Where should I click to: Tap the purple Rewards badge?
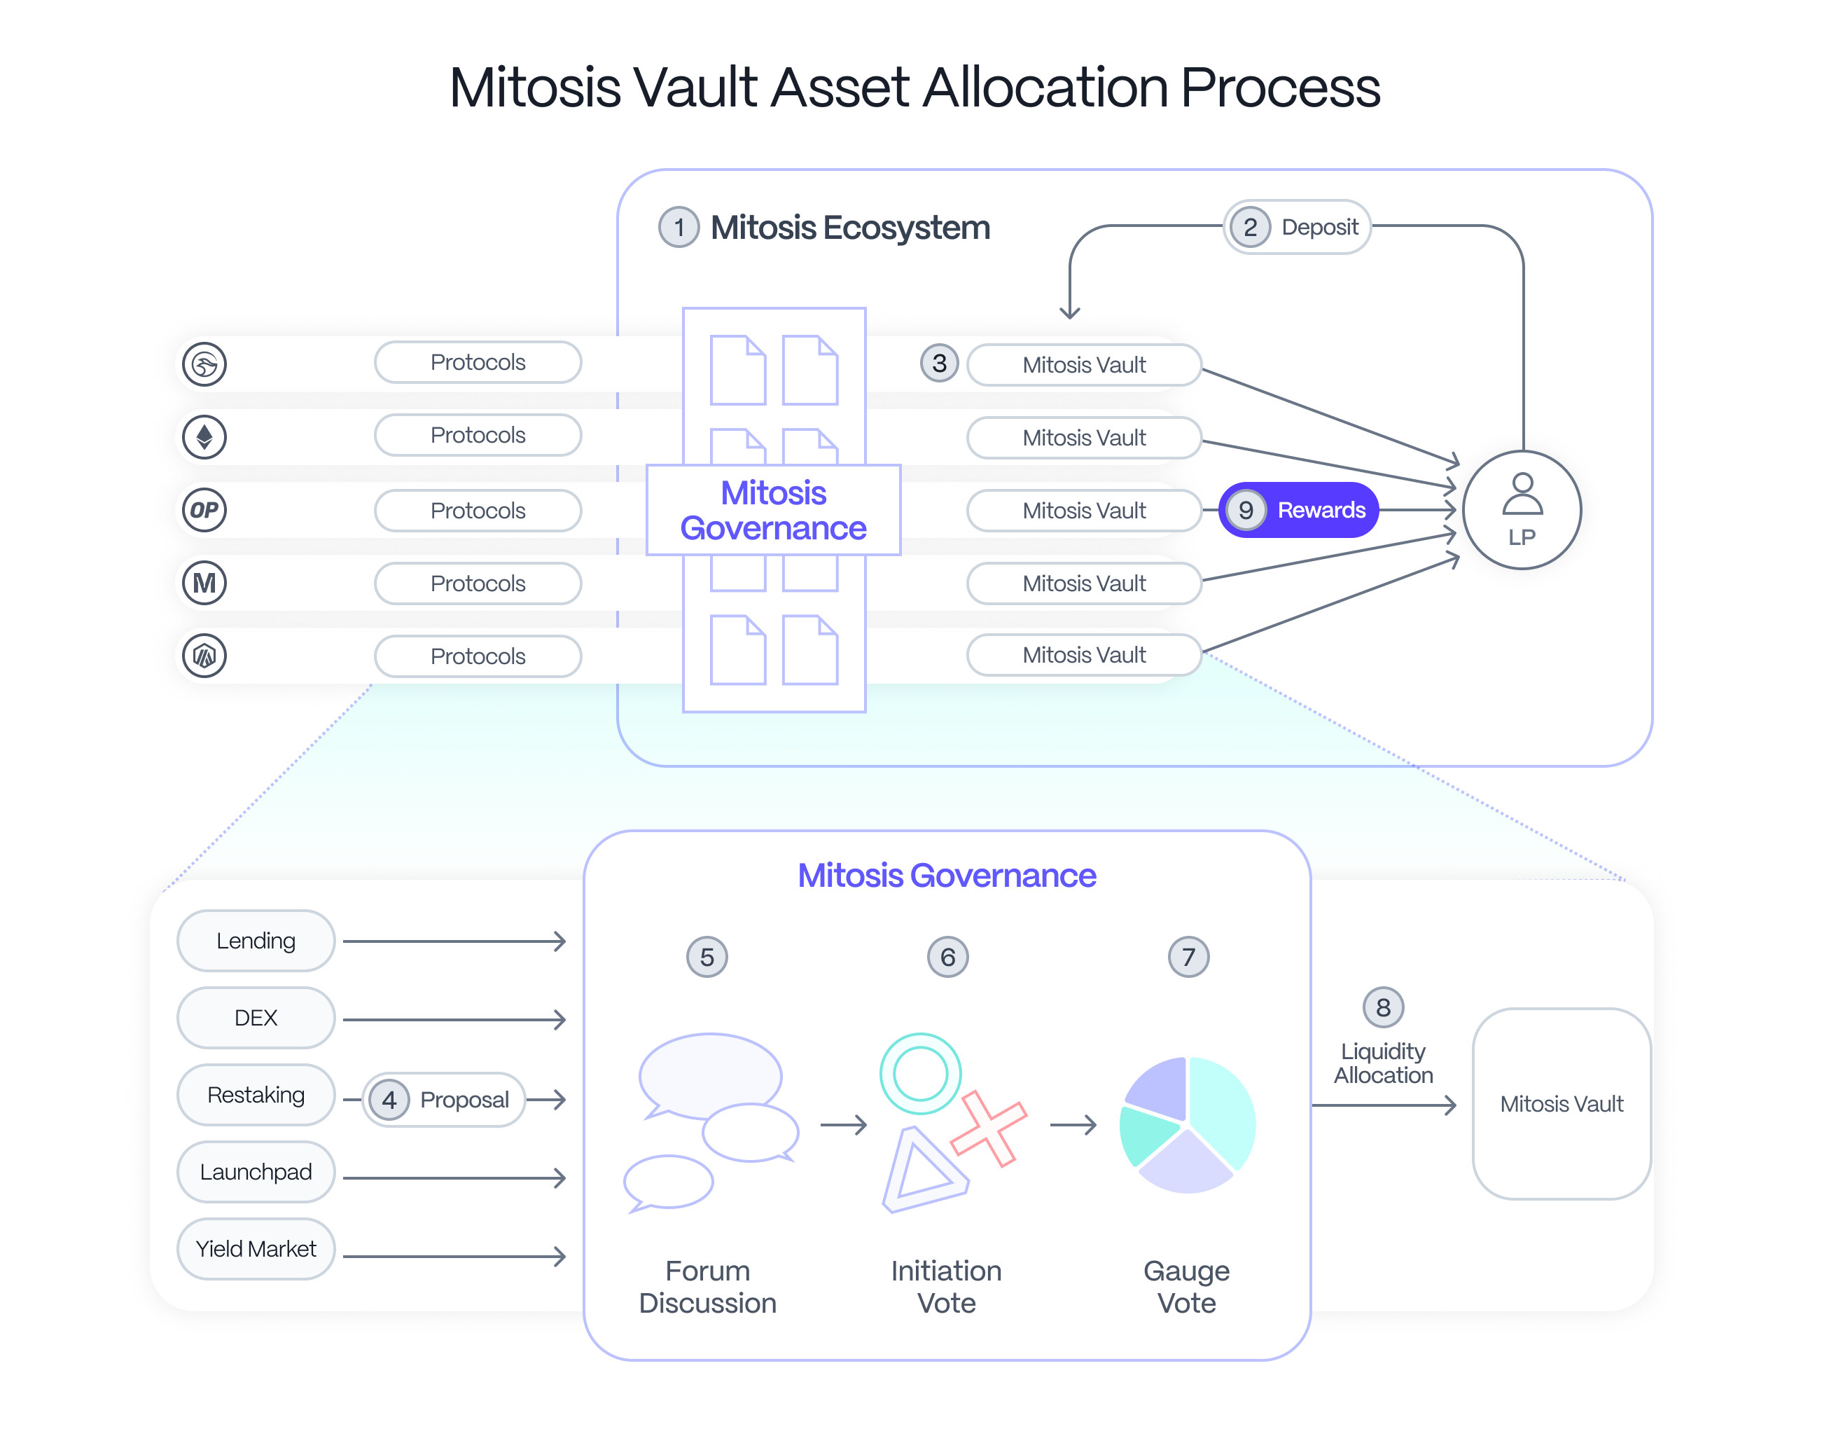pos(1299,510)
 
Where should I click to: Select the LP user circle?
pos(1522,510)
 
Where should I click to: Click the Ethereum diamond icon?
pos(204,436)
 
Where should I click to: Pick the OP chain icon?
pos(204,510)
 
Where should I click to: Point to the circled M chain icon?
pos(204,583)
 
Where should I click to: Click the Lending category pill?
pos(256,941)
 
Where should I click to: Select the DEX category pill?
pos(256,1018)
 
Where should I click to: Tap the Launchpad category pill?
pos(256,1172)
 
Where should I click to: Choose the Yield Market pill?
pos(256,1249)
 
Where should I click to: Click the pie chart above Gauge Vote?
pos(1188,1125)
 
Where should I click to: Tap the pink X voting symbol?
pos(989,1129)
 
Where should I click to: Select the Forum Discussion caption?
pos(708,1287)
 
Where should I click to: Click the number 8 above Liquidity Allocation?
pos(1384,1008)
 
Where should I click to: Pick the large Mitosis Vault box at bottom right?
pos(1562,1104)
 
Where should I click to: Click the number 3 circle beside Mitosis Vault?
pos(940,364)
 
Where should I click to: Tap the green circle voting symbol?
pos(920,1074)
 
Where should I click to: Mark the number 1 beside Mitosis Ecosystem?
pos(679,227)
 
